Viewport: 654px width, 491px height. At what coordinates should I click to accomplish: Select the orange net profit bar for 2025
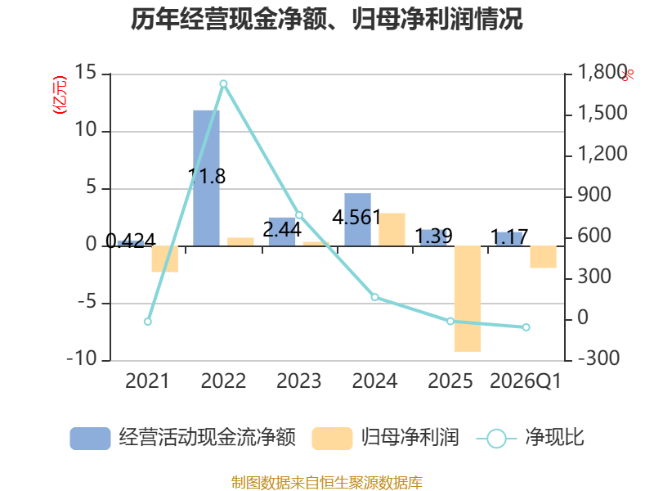468,299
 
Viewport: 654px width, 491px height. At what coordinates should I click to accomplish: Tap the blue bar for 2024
357,219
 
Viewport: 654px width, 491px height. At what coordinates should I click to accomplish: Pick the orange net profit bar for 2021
164,259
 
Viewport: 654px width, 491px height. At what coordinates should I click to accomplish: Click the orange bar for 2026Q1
543,257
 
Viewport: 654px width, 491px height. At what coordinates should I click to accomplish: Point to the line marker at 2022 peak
223,83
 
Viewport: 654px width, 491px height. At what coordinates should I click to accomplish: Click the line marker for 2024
375,297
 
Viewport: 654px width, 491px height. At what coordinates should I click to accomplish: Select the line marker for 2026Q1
526,327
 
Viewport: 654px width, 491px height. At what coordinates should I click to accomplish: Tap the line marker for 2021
148,322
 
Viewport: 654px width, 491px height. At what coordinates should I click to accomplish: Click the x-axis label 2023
299,381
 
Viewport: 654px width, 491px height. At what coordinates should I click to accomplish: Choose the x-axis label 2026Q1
526,381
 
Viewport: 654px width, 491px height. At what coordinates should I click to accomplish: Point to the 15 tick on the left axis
85,74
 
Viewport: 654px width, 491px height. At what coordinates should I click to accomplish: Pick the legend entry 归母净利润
386,438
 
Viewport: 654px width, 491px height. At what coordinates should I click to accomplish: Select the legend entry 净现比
531,438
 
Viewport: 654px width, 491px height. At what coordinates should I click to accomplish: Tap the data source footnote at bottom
327,482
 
